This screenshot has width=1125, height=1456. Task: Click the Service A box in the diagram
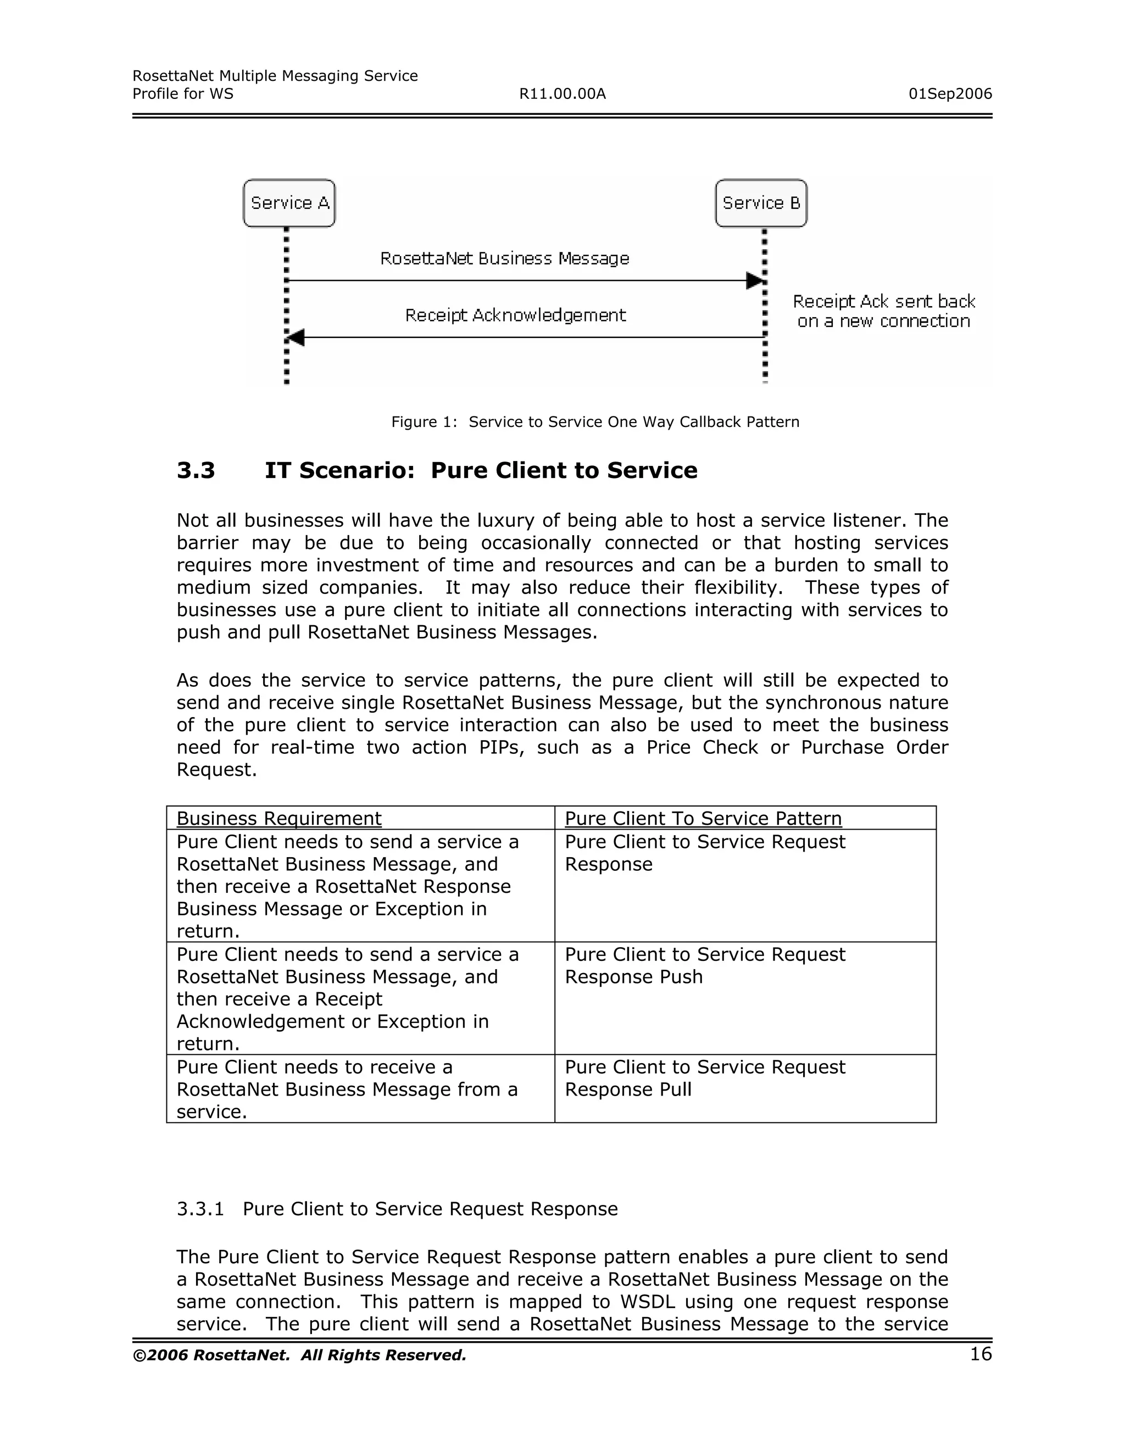(x=289, y=203)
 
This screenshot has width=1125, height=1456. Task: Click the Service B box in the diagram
(x=761, y=203)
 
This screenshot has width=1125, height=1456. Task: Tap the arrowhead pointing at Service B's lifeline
(x=754, y=281)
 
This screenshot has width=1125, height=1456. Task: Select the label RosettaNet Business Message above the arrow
(x=504, y=259)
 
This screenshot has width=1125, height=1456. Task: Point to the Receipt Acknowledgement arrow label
(x=515, y=315)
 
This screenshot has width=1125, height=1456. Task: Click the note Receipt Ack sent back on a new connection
(x=884, y=312)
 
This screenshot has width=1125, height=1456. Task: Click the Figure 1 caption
(x=594, y=422)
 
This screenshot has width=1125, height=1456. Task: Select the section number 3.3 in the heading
(x=196, y=471)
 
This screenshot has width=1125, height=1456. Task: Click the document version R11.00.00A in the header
(x=562, y=94)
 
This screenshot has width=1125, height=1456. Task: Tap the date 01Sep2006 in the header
(x=950, y=94)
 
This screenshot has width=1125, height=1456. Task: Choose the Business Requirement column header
(x=279, y=819)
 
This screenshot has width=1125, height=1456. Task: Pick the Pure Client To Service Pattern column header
(x=703, y=819)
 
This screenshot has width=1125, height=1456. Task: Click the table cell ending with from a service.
(x=347, y=1090)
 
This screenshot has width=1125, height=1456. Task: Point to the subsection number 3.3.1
(x=200, y=1209)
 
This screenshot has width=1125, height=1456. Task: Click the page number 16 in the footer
(x=981, y=1354)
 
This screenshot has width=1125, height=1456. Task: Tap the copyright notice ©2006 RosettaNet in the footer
(x=299, y=1355)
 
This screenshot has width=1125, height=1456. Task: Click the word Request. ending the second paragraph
(x=216, y=770)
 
